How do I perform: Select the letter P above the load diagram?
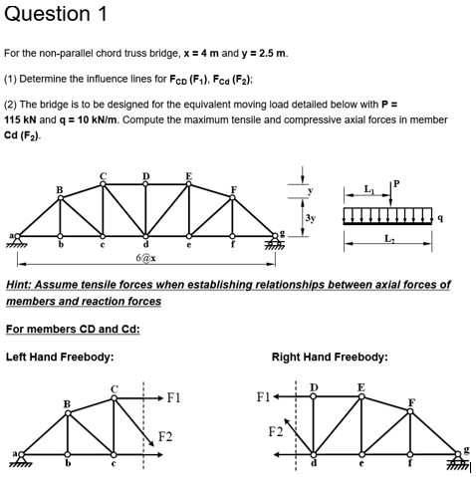tap(393, 181)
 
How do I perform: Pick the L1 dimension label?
tap(370, 187)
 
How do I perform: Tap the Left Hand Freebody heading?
tap(60, 356)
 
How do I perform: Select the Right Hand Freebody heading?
tap(330, 356)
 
